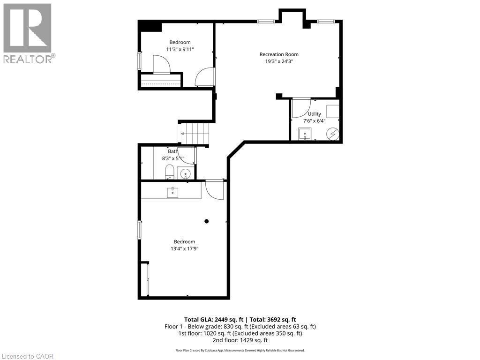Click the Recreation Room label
(x=279, y=54)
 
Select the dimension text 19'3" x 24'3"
(x=279, y=61)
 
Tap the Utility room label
(x=315, y=114)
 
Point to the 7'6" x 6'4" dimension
(x=315, y=120)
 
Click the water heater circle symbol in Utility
(x=332, y=135)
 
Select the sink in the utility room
(x=305, y=134)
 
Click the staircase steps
(x=193, y=133)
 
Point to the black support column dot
(x=206, y=221)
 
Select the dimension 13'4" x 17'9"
(x=185, y=248)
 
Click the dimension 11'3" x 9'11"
(x=180, y=49)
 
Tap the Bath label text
(x=173, y=151)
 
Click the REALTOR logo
(x=28, y=33)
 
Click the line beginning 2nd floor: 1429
(x=240, y=340)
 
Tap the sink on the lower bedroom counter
(x=173, y=191)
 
